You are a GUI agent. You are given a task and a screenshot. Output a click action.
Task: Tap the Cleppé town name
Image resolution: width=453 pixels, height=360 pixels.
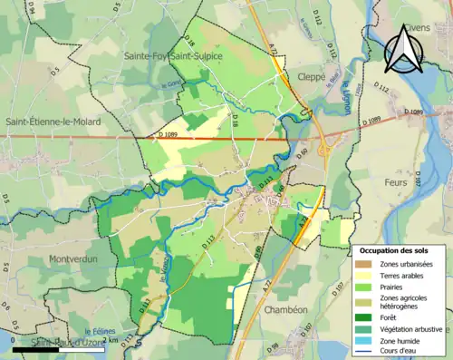[x=306, y=77]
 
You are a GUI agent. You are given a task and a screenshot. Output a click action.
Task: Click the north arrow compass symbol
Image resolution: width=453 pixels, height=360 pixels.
[x=402, y=49]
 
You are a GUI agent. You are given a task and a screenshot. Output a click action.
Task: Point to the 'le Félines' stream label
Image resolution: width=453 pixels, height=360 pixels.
[x=101, y=333]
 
